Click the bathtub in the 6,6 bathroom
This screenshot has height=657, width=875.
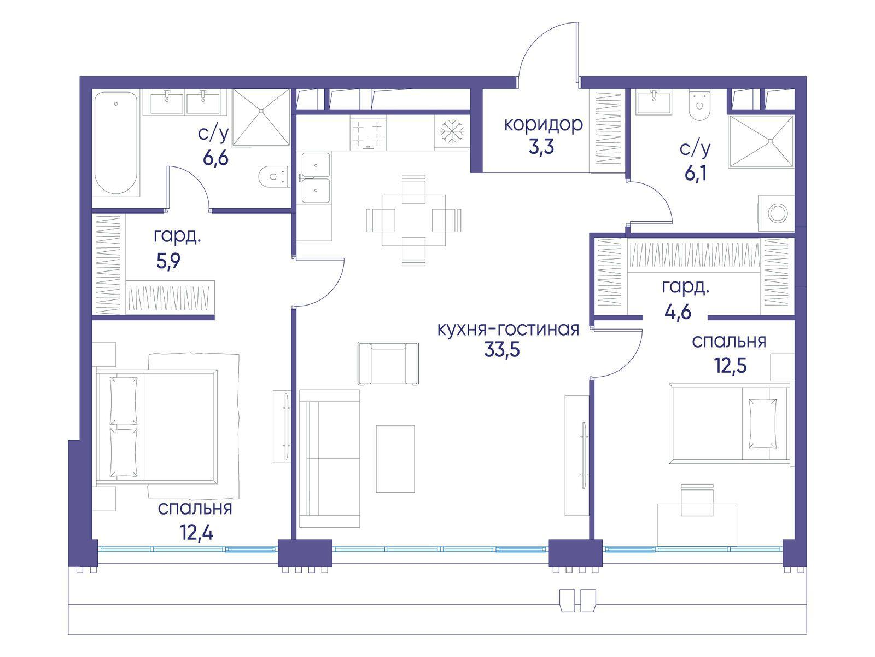[116, 143]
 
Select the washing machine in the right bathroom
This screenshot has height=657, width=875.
[775, 213]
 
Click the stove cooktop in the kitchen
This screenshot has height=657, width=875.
[368, 133]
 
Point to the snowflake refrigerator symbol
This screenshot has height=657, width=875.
[452, 131]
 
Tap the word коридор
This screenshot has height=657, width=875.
[544, 125]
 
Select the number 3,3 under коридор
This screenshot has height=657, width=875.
[541, 147]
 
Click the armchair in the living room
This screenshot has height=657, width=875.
[388, 363]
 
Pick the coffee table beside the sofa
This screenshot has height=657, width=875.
[395, 459]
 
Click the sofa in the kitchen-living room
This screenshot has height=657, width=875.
[329, 458]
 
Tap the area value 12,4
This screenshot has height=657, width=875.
[196, 533]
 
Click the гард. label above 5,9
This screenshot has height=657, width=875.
[177, 238]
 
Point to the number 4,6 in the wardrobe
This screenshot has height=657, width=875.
[677, 312]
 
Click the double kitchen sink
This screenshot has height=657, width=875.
[316, 177]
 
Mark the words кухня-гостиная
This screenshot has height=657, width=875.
[508, 330]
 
